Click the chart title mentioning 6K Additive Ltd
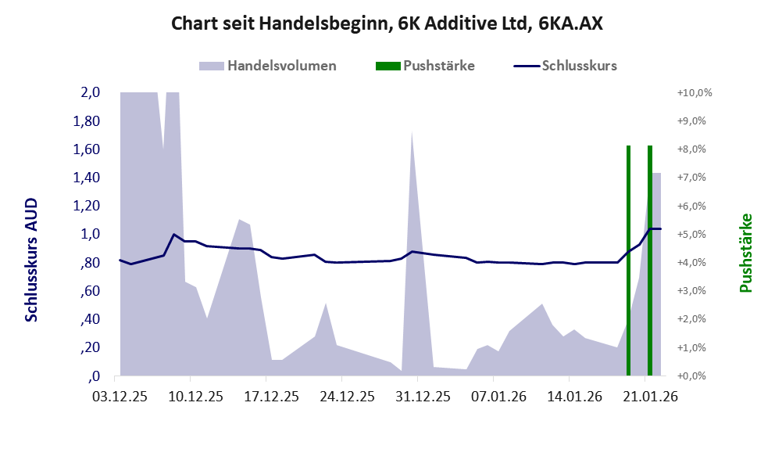(x=387, y=23)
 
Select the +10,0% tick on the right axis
(x=694, y=92)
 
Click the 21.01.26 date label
(x=645, y=397)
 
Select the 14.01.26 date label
(x=569, y=397)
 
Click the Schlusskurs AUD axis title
(x=31, y=261)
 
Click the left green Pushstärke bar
(x=628, y=261)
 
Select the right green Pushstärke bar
(x=649, y=261)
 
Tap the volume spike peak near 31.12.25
(x=412, y=134)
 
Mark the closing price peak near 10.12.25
(x=173, y=234)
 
